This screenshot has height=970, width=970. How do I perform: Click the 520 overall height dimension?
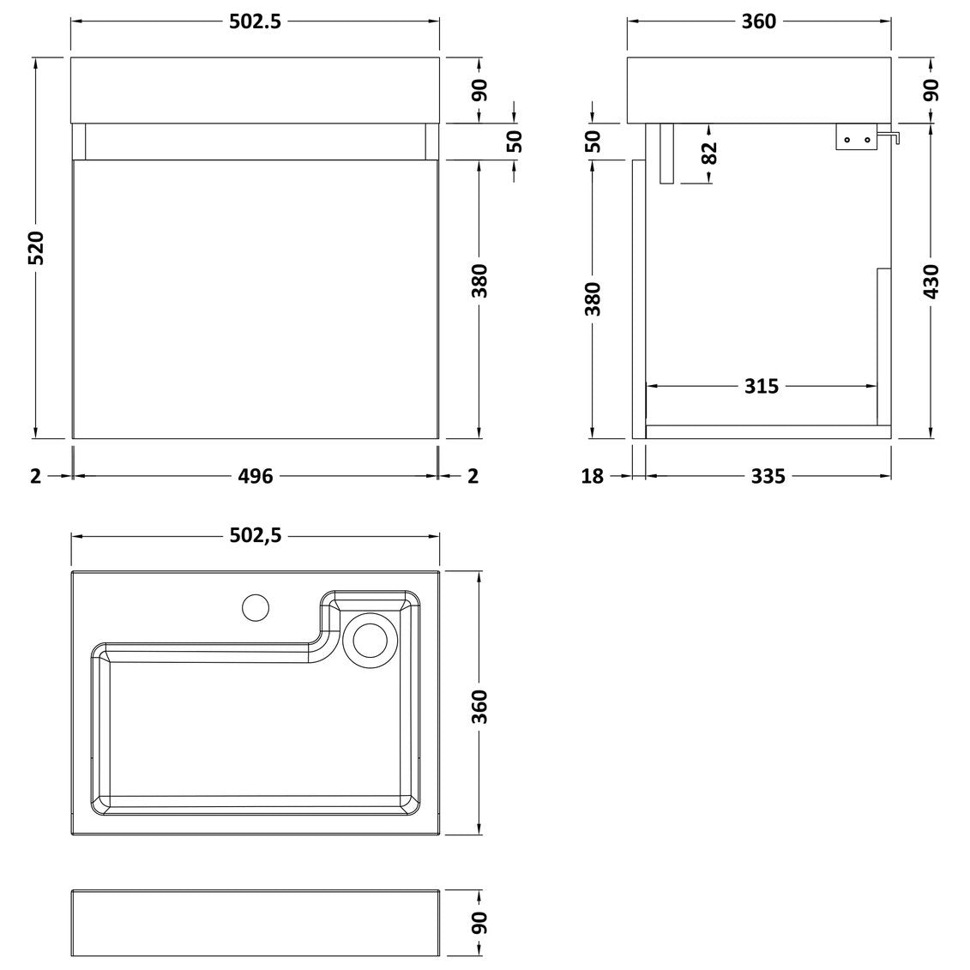[x=37, y=248]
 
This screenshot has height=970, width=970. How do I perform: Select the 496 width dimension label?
[x=256, y=476]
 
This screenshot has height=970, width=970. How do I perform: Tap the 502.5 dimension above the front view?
[x=255, y=21]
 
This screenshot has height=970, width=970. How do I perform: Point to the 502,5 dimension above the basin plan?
[x=256, y=536]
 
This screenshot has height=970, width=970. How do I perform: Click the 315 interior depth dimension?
[x=762, y=387]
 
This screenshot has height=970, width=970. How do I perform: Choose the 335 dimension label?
[x=768, y=476]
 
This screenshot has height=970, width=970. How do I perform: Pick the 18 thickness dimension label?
[x=592, y=476]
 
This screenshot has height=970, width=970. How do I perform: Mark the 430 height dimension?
[x=931, y=281]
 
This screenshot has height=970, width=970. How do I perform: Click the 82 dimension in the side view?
[x=709, y=153]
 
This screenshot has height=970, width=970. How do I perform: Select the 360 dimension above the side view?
[x=759, y=21]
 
